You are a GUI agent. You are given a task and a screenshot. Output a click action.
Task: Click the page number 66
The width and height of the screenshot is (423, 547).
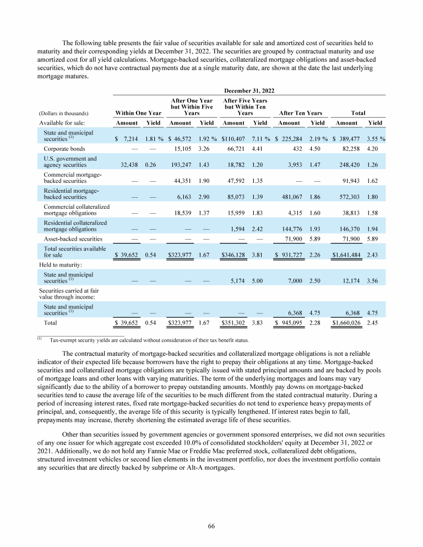[x=211, y=526]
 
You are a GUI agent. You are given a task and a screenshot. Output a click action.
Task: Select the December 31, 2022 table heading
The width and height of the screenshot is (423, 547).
[x=248, y=90]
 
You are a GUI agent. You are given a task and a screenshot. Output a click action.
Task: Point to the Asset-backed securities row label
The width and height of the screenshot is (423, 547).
[x=73, y=239]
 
